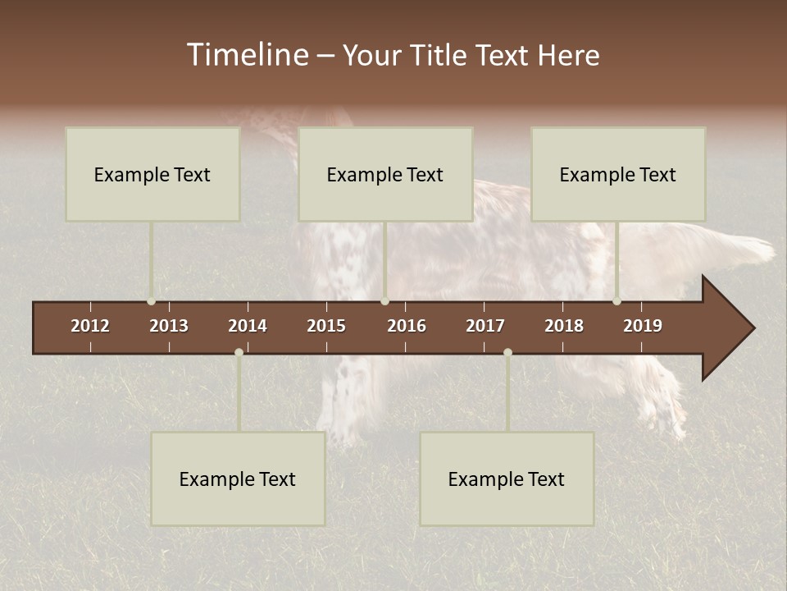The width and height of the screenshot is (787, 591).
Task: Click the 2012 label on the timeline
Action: click(90, 326)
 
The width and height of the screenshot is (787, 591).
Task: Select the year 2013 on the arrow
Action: click(169, 326)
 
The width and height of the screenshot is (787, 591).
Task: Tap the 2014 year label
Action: click(248, 326)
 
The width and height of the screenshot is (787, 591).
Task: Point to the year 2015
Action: click(326, 326)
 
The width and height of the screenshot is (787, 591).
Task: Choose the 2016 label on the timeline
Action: click(407, 326)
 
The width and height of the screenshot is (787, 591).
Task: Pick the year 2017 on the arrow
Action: click(485, 326)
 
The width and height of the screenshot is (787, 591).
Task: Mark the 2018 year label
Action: click(564, 326)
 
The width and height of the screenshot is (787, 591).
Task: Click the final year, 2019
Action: click(643, 326)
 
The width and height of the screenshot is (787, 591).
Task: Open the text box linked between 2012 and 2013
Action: click(152, 174)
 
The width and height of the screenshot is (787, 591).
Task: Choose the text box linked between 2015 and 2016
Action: click(385, 174)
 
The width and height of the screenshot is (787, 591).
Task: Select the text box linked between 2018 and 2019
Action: click(618, 174)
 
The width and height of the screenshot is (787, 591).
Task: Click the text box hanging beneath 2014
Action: click(238, 479)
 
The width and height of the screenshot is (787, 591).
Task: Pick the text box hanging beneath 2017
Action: click(507, 479)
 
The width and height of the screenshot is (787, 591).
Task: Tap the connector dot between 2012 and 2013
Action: click(151, 301)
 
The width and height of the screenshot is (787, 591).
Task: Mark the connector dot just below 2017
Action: click(507, 352)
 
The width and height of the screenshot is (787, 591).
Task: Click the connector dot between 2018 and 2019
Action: click(616, 301)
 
